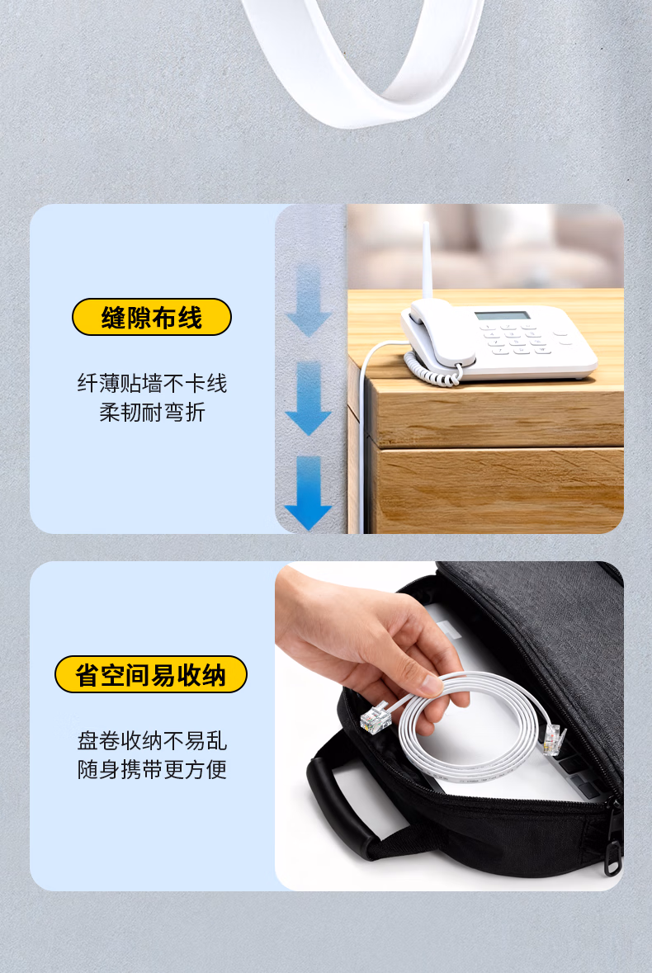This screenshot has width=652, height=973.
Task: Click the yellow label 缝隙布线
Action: click(x=152, y=317)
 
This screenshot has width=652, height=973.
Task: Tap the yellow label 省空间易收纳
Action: click(x=151, y=674)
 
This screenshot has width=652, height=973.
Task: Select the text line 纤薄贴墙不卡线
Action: click(x=152, y=384)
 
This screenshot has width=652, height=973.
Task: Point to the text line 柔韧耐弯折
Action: click(x=152, y=412)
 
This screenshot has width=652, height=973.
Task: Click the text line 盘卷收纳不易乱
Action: click(x=152, y=741)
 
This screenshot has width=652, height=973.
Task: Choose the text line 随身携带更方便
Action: click(x=152, y=769)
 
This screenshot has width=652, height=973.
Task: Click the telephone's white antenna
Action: click(x=427, y=262)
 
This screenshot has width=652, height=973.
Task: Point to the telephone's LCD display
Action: click(x=503, y=315)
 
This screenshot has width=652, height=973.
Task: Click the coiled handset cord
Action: click(x=433, y=369)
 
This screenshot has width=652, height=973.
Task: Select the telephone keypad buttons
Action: click(x=518, y=338)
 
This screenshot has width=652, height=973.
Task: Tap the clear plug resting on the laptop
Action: click(x=554, y=739)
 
